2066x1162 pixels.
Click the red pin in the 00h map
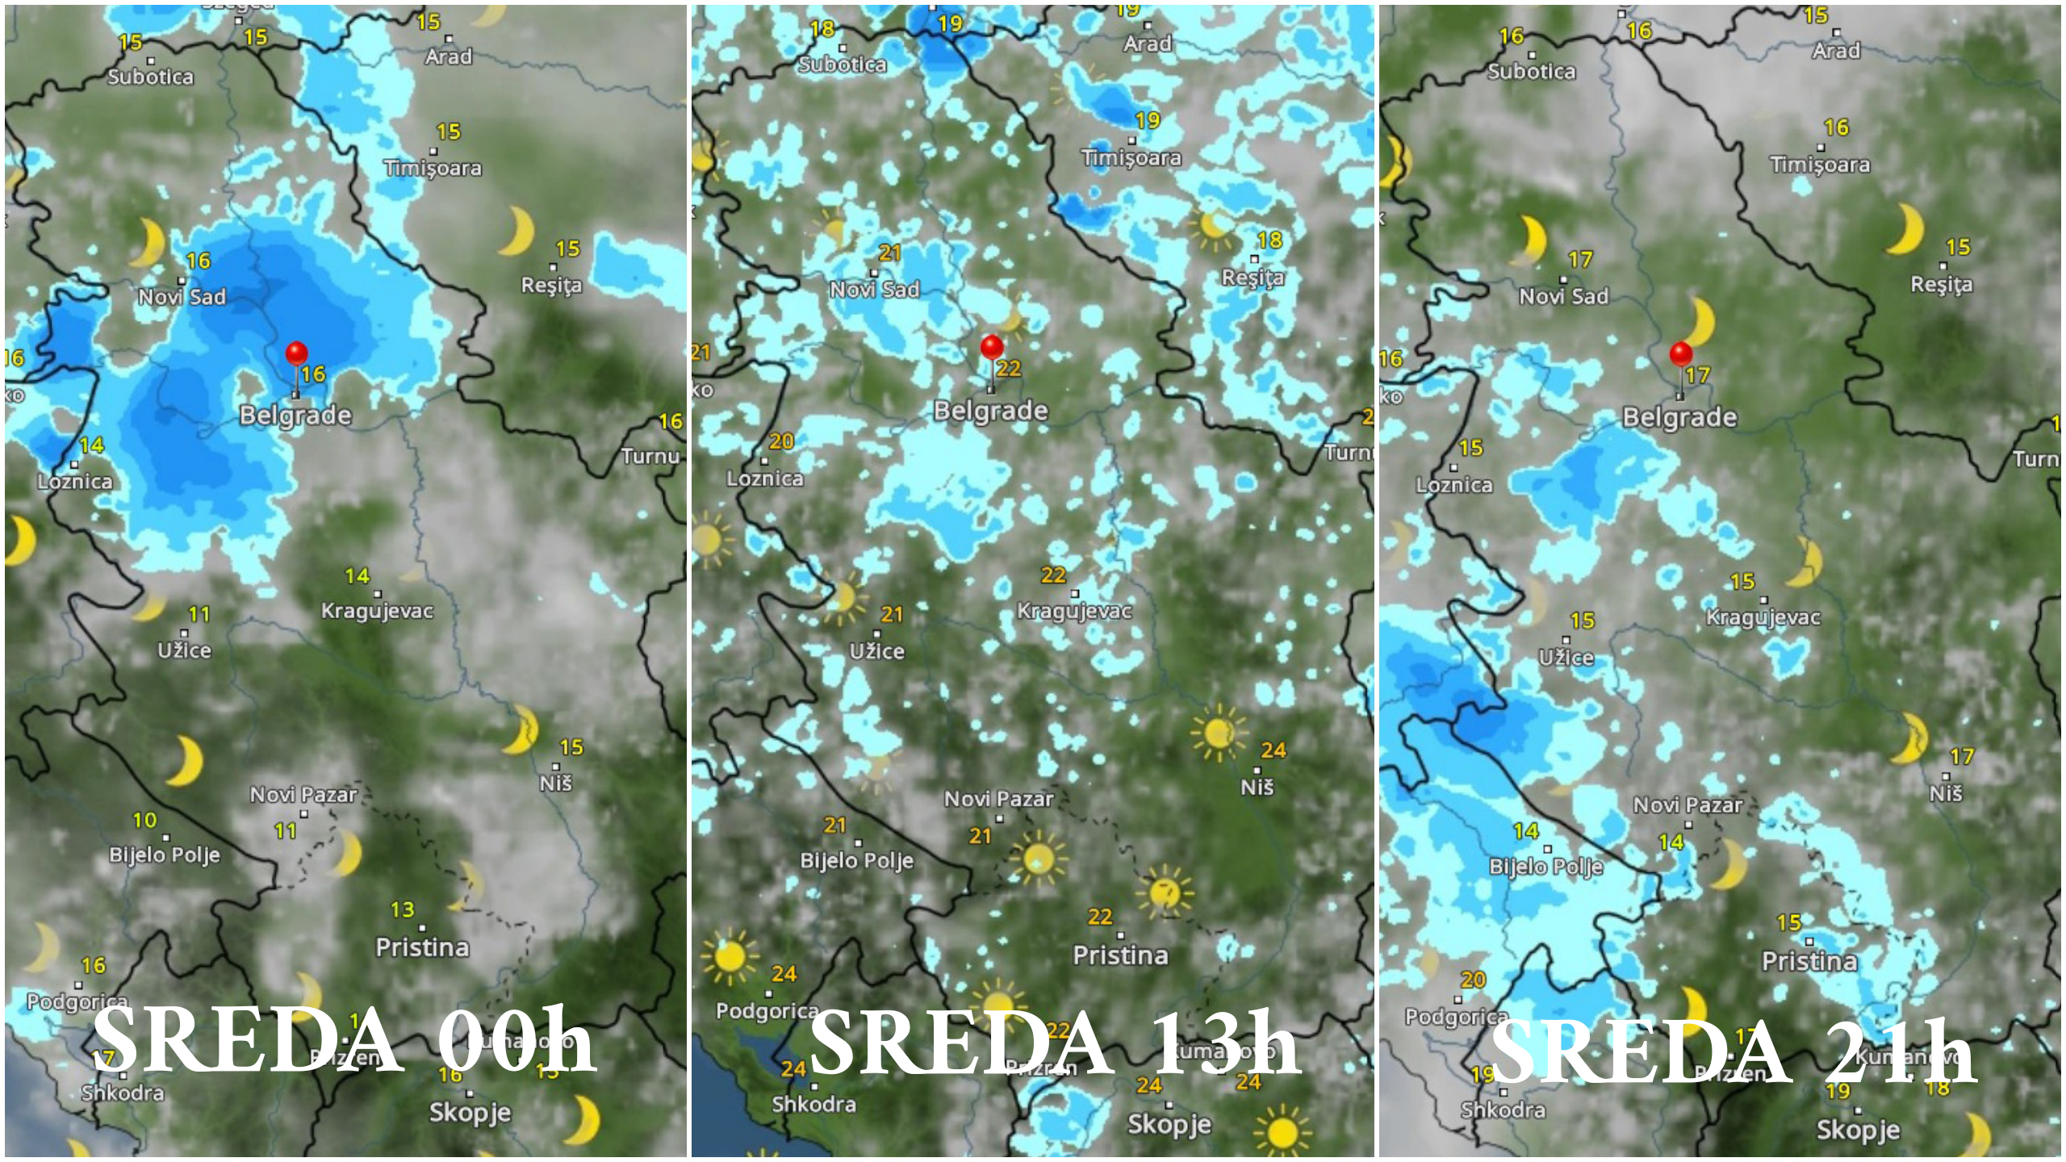point(297,353)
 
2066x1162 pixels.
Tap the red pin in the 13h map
point(992,348)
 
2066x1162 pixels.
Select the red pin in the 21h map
point(1681,353)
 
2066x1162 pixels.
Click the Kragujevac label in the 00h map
point(377,611)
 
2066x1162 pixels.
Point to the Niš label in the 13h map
point(1257,787)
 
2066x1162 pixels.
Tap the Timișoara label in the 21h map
point(1820,165)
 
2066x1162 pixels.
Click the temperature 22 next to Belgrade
point(1009,369)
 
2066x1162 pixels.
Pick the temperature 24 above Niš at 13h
point(1273,750)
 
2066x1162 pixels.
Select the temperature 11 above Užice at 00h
point(199,615)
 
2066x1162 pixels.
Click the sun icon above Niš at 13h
point(1218,732)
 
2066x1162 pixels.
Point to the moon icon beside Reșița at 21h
point(1906,228)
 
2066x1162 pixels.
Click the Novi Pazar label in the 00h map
point(303,795)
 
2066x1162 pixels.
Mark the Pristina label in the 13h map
point(1120,955)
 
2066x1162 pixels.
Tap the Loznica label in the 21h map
point(1454,485)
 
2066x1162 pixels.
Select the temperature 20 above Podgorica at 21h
point(1473,980)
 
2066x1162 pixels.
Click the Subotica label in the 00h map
point(151,77)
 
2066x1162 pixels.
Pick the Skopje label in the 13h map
point(1169,1123)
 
